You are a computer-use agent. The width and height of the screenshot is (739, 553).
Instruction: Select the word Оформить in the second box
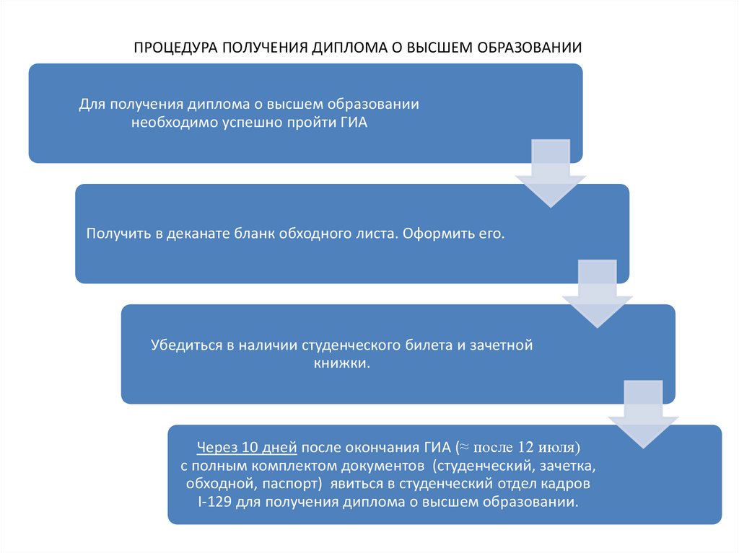coord(432,234)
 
